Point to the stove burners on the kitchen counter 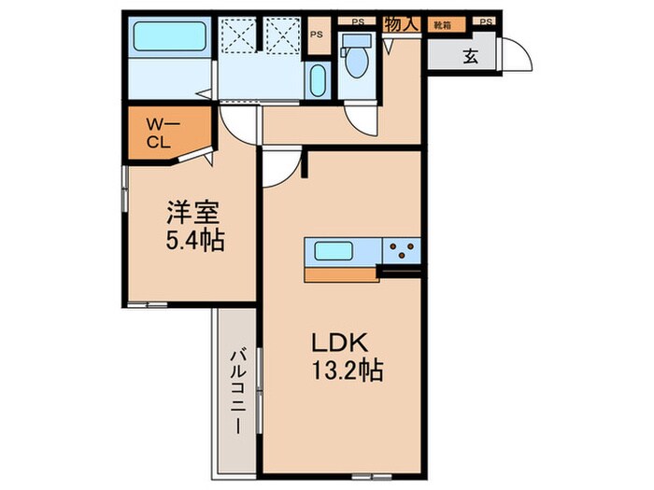point(404,251)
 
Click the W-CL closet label point(157,132)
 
